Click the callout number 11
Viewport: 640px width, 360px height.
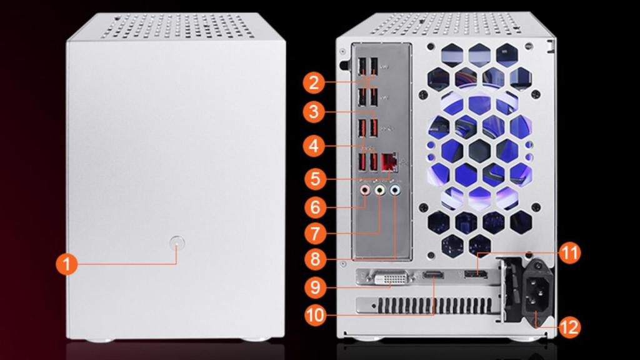pyautogui.click(x=569, y=253)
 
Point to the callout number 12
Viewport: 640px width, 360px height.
pyautogui.click(x=569, y=326)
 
